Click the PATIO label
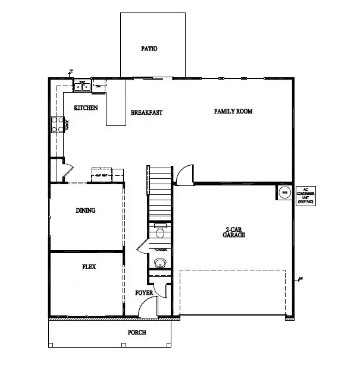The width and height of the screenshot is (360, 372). pos(149,49)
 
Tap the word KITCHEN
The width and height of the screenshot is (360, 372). pos(86,108)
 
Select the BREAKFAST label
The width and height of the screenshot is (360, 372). pos(146,112)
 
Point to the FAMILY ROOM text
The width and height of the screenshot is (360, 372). pos(234,111)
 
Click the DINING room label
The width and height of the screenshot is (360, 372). pos(86,210)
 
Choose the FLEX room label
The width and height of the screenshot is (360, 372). pos(89,267)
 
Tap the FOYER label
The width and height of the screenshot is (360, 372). pos(144,293)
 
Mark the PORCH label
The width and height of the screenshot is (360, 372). pos(137,332)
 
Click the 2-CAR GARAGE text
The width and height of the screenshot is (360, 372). pos(235,232)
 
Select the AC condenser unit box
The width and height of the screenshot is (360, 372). pos(305,195)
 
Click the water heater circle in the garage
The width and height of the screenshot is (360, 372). pos(284,193)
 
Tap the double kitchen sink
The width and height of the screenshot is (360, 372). pos(82,87)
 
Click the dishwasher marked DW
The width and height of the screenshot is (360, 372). pos(99,87)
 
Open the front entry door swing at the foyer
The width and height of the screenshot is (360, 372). pos(147,307)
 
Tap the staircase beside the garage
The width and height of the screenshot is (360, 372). pos(159,193)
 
